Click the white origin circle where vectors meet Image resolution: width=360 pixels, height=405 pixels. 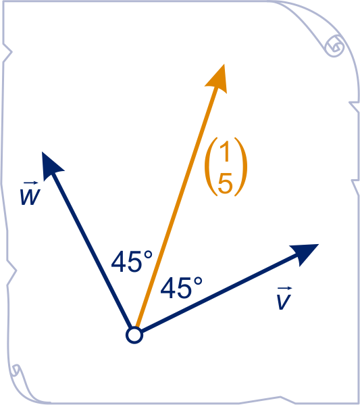point(134,335)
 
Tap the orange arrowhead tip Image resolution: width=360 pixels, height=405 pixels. point(224,64)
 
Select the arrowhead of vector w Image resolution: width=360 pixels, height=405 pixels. point(51,164)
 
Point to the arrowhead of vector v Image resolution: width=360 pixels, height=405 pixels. point(306,254)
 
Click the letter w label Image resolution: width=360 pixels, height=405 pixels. point(30,197)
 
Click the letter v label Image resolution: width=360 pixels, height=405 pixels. point(284,302)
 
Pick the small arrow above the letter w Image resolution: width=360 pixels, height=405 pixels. point(30,183)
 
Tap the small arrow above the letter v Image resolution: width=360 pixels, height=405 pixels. point(284,288)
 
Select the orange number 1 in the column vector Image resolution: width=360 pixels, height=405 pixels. point(225,153)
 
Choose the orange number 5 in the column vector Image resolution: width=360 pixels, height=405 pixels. point(225,183)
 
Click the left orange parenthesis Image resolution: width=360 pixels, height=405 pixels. point(211,167)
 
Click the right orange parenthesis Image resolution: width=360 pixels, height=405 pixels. point(241,167)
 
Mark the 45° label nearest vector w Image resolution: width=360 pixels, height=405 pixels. point(132,262)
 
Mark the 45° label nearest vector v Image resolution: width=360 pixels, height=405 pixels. point(181,287)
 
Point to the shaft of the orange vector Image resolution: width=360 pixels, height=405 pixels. point(177,207)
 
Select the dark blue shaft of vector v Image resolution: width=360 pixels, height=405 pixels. point(220,293)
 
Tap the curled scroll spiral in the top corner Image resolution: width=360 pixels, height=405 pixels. point(335,47)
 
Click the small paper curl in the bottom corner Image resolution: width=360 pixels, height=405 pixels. point(16,370)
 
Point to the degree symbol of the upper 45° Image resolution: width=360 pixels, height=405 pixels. point(148,255)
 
